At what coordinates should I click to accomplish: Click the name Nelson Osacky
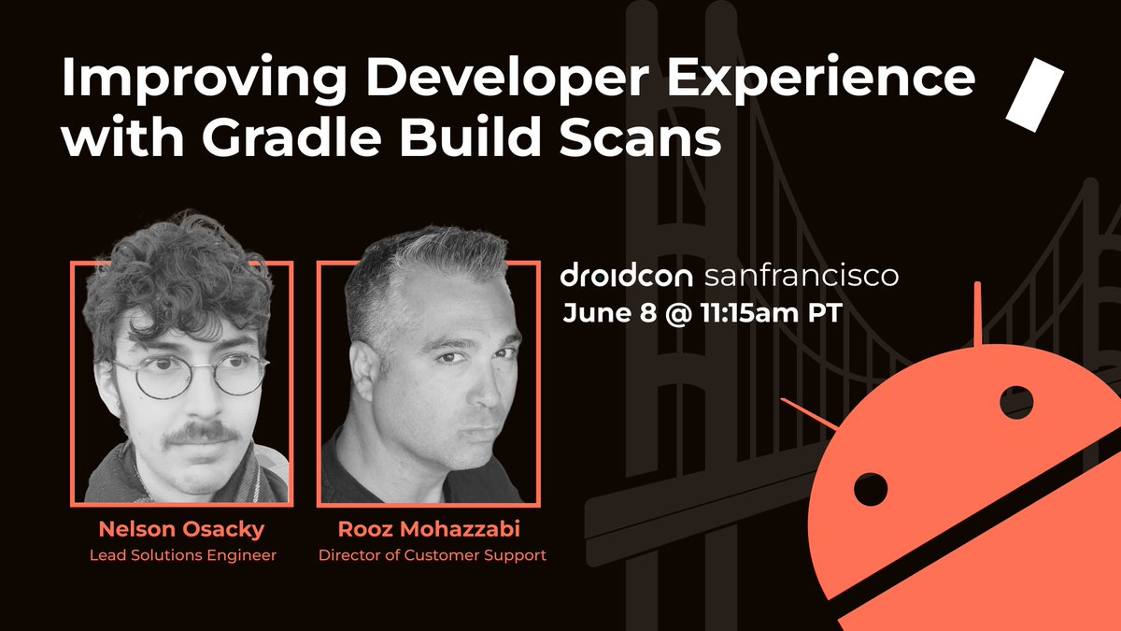pyautogui.click(x=181, y=530)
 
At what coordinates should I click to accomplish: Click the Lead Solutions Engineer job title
pyautogui.click(x=182, y=555)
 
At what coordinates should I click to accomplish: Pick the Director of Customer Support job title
pyautogui.click(x=432, y=555)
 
